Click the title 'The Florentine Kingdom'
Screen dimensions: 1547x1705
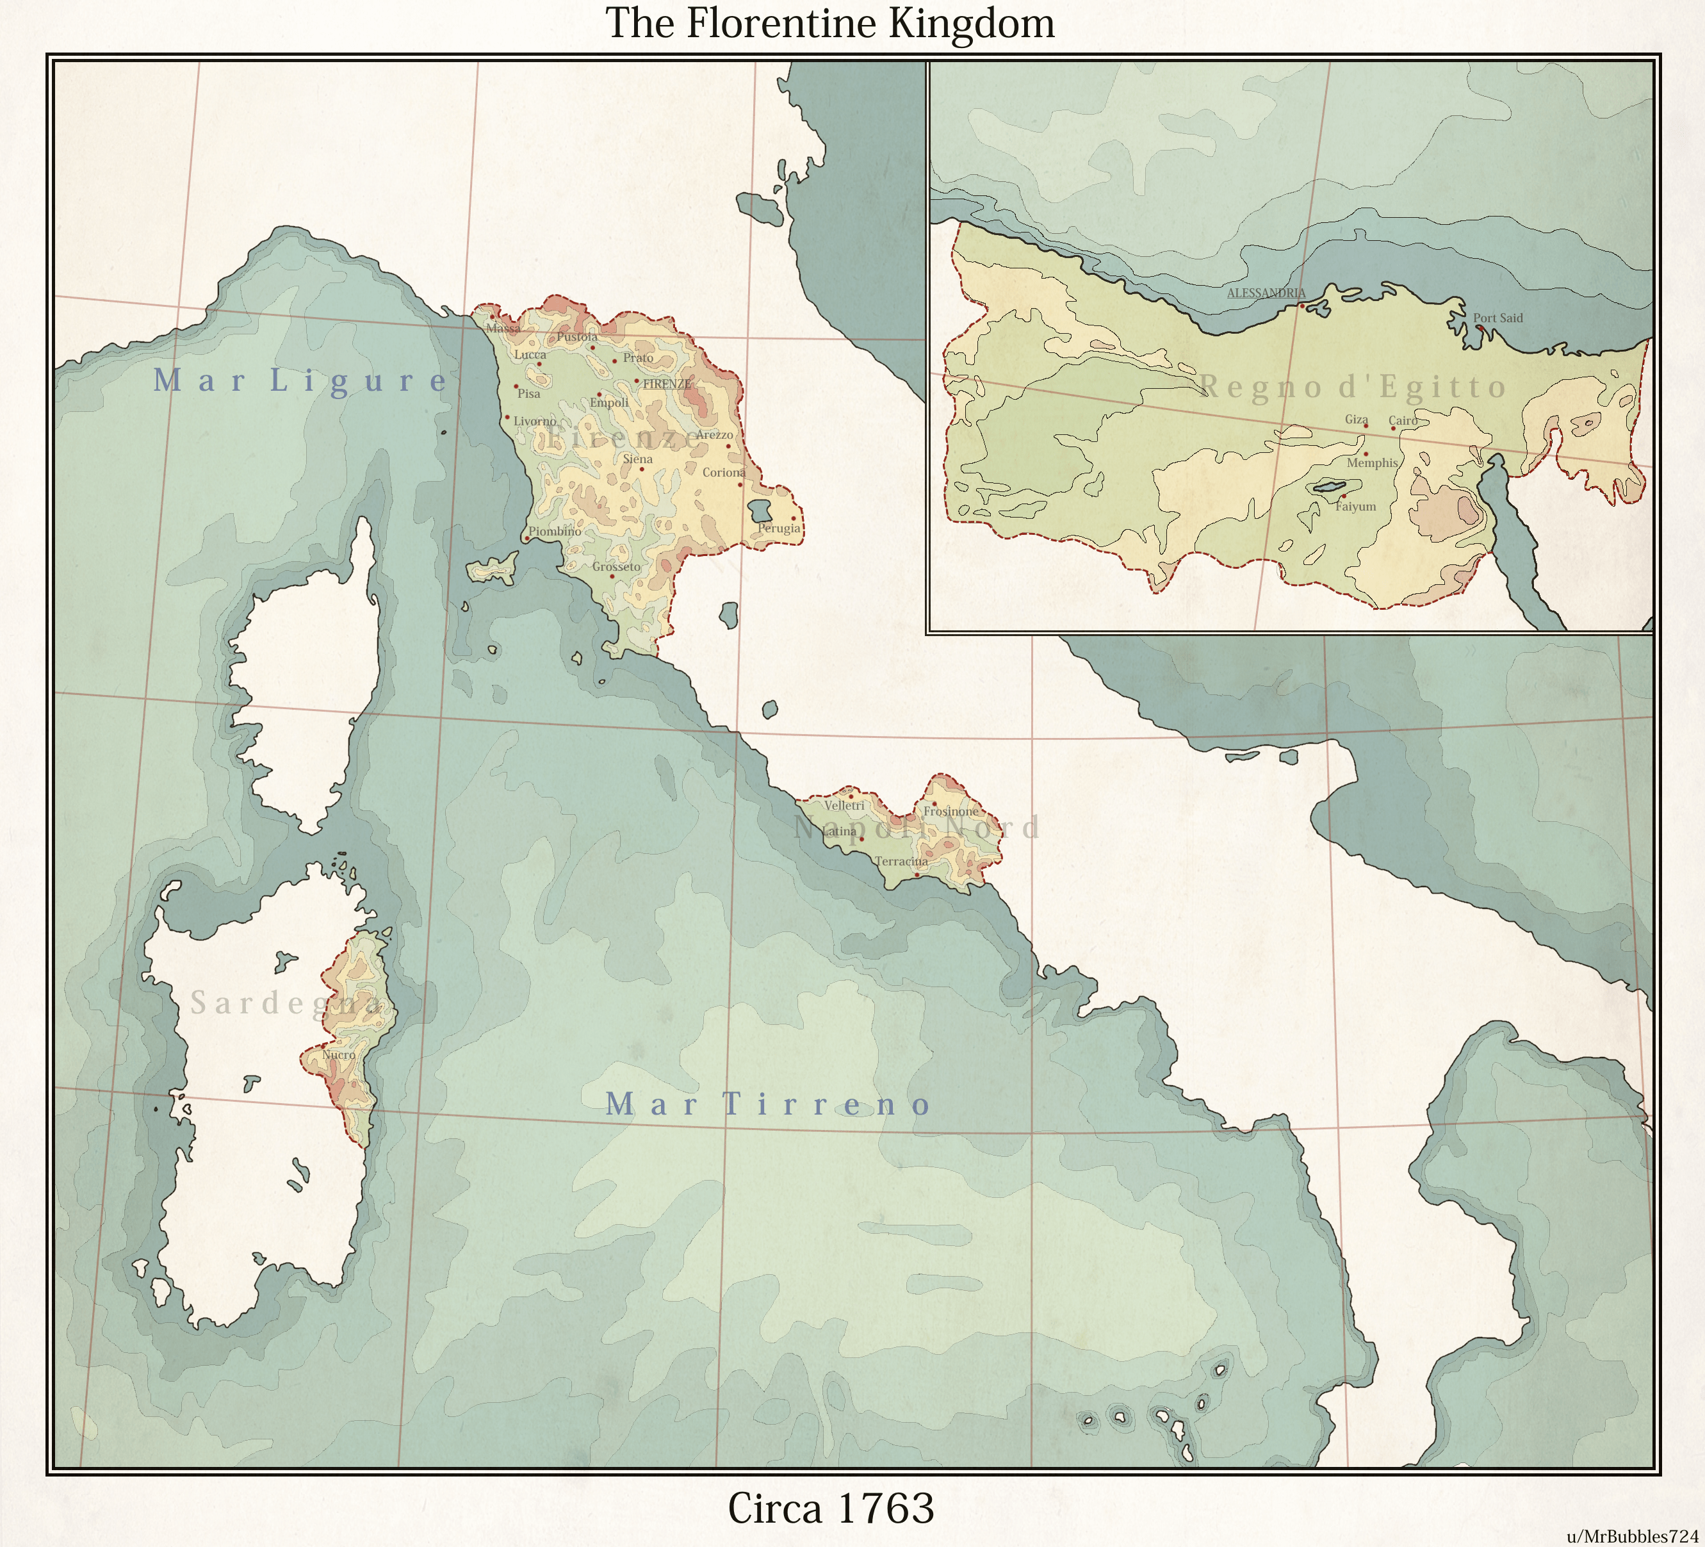point(831,24)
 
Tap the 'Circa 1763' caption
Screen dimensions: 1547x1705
point(831,1507)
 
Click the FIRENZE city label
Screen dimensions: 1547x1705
point(667,384)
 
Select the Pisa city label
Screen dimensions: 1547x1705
point(528,394)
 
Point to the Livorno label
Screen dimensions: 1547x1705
point(535,422)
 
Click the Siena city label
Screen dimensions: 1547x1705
point(638,459)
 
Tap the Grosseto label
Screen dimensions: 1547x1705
point(617,567)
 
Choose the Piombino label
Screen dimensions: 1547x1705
point(554,532)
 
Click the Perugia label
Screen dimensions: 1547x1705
point(778,528)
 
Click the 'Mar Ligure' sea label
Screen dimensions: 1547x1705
point(300,381)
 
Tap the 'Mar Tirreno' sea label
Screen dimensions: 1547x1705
point(768,1104)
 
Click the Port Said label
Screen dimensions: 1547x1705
point(1497,318)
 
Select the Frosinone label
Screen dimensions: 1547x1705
point(950,811)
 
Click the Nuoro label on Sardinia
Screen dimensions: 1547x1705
point(339,1055)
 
